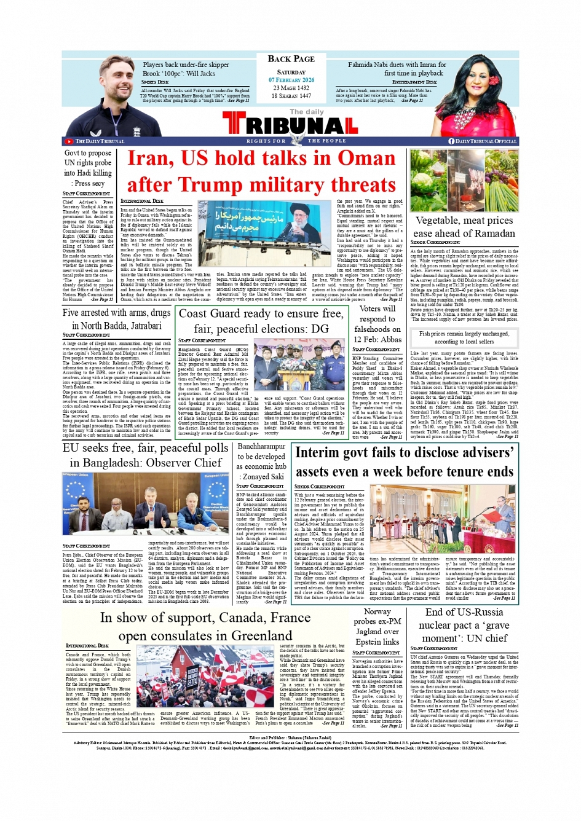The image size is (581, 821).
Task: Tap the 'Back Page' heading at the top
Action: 291,59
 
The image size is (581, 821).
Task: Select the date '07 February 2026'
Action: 291,80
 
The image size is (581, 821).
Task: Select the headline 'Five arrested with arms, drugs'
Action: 117,313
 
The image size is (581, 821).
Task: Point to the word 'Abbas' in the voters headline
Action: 390,339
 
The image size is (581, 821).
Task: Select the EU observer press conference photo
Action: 145,505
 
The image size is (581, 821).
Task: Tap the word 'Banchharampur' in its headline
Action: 261,447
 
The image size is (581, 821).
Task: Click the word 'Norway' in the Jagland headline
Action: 377,611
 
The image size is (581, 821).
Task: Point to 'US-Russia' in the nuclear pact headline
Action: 475,612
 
